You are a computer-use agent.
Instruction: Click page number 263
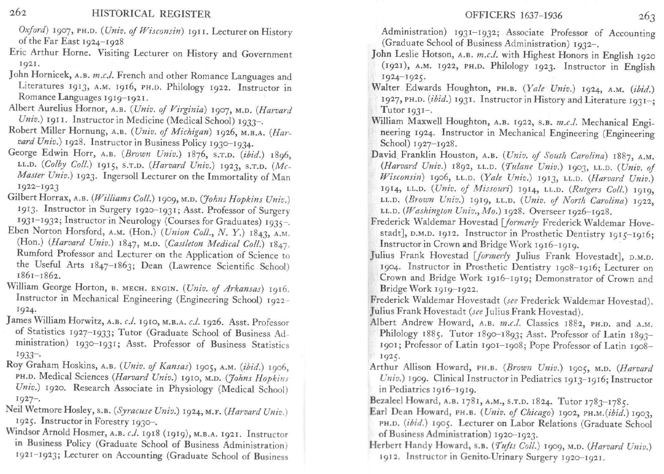pos(647,16)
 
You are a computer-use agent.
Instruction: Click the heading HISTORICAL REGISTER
pos(151,14)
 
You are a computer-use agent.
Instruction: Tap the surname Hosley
pos(76,410)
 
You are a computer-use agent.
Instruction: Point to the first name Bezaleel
pos(386,400)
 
